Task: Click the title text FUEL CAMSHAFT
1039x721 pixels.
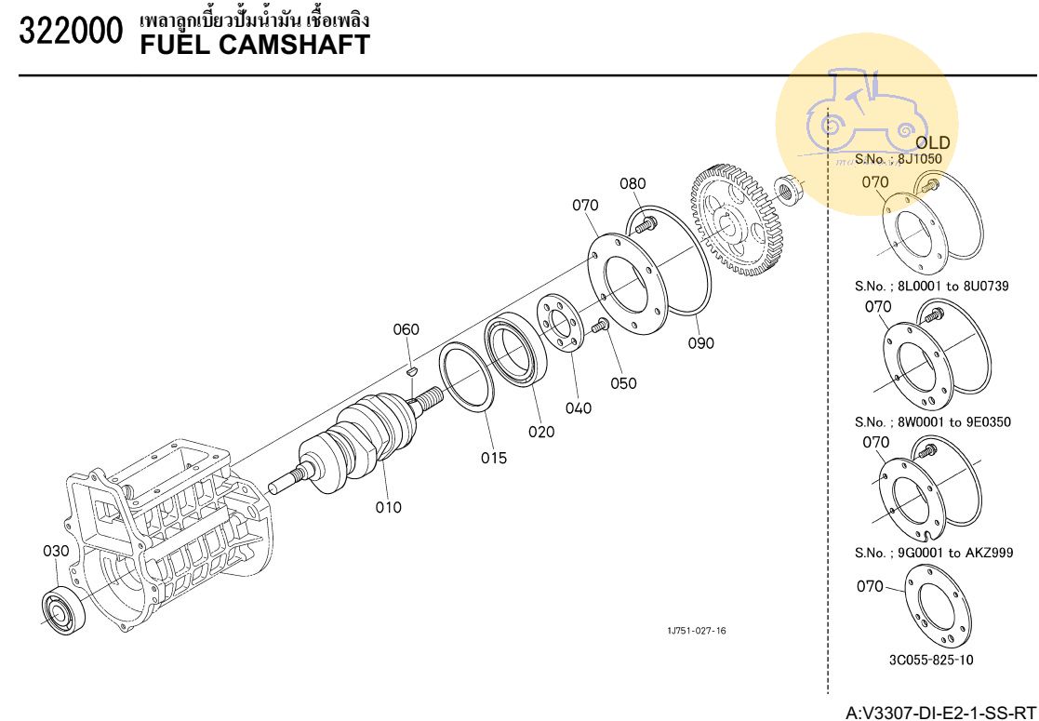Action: [x=254, y=43]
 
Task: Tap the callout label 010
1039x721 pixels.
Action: [x=389, y=507]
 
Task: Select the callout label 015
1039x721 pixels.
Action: [x=494, y=458]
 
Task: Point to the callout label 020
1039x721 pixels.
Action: [x=541, y=431]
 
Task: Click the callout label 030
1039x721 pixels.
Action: [x=56, y=551]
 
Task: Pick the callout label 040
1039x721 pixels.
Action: [x=579, y=407]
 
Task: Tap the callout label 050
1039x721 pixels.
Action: [x=624, y=382]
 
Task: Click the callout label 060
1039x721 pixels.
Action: [x=406, y=329]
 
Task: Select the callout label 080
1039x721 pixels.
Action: [x=633, y=183]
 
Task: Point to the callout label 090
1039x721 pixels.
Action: [x=701, y=342]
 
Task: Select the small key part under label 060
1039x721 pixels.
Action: [x=409, y=373]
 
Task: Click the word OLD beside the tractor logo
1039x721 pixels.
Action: [x=933, y=143]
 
